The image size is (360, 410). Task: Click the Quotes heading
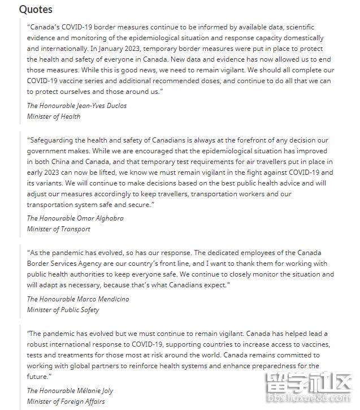tap(36, 10)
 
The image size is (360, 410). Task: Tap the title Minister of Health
tap(54, 116)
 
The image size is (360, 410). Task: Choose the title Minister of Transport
tap(58, 229)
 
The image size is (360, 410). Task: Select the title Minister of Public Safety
tap(63, 310)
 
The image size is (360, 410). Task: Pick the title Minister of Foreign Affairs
tap(66, 402)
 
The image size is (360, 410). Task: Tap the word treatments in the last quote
tap(74, 355)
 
